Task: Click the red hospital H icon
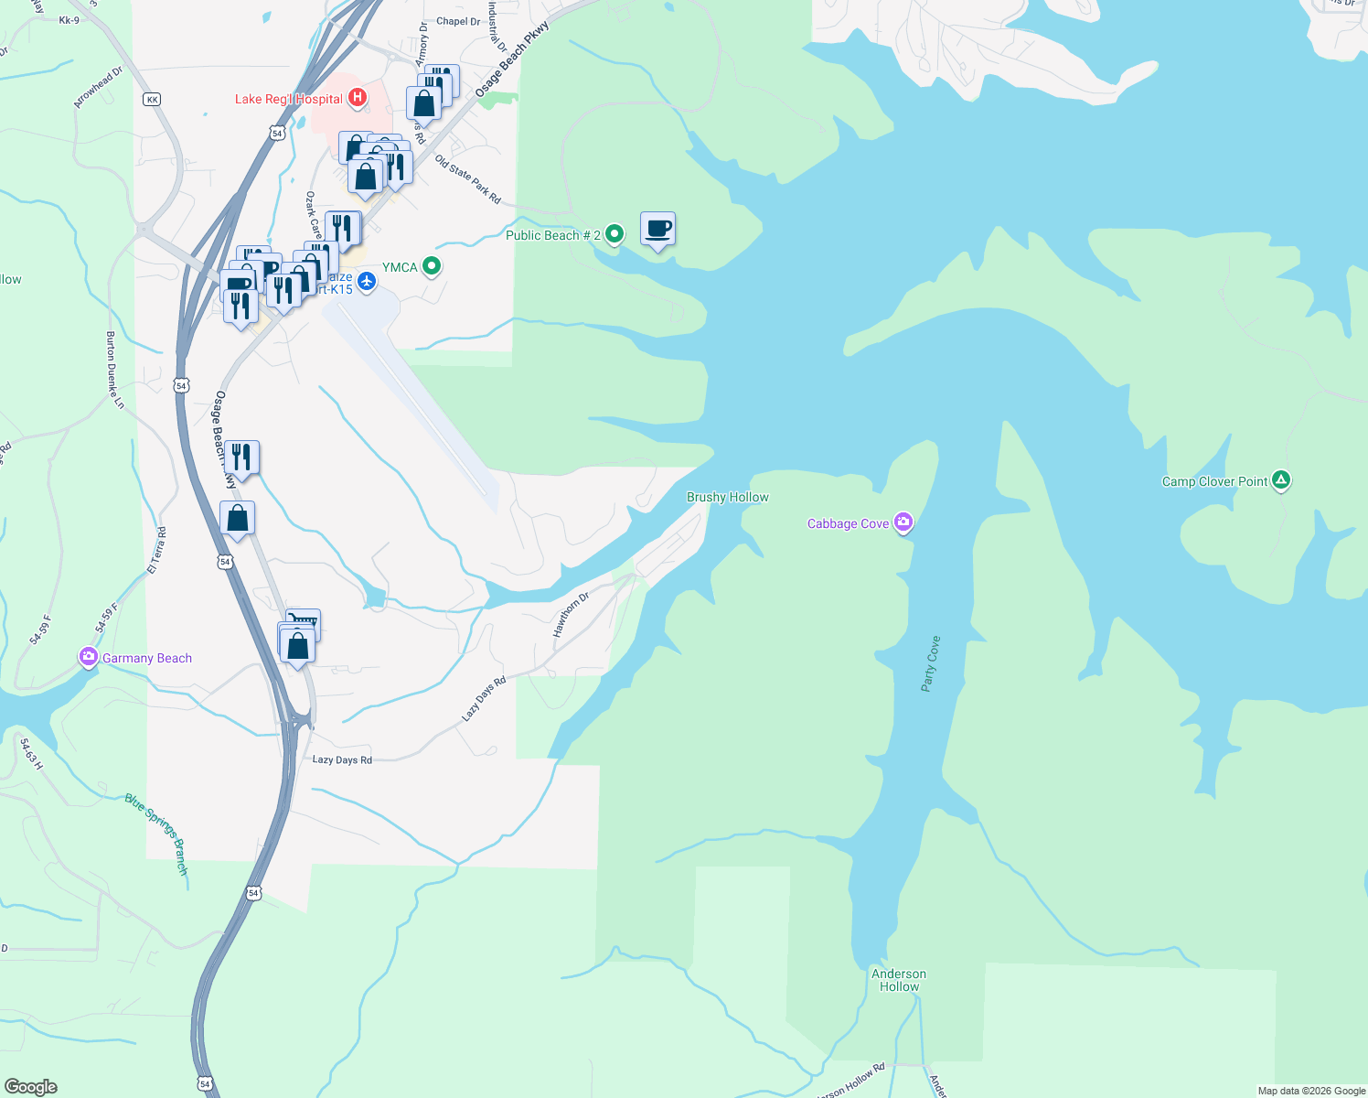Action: point(358,97)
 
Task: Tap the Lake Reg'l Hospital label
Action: point(289,99)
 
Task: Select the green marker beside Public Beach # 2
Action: point(615,234)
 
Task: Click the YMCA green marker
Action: point(432,266)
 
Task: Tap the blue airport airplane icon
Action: point(367,280)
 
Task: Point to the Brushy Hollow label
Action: point(727,497)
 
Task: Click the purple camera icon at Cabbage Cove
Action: point(903,522)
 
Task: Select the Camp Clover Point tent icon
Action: point(1281,480)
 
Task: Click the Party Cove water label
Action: point(930,663)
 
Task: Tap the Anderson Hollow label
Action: point(899,980)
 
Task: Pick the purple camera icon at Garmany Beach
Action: point(89,657)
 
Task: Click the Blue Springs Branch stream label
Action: point(157,834)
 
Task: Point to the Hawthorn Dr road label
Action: point(571,615)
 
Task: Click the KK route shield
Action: point(152,99)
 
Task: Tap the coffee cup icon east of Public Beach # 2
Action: point(657,228)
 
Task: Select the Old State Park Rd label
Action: point(468,179)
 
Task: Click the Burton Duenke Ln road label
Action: point(114,370)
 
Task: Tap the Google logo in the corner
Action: point(31,1087)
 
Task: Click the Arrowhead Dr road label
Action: point(98,88)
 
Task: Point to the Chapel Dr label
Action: point(458,21)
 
